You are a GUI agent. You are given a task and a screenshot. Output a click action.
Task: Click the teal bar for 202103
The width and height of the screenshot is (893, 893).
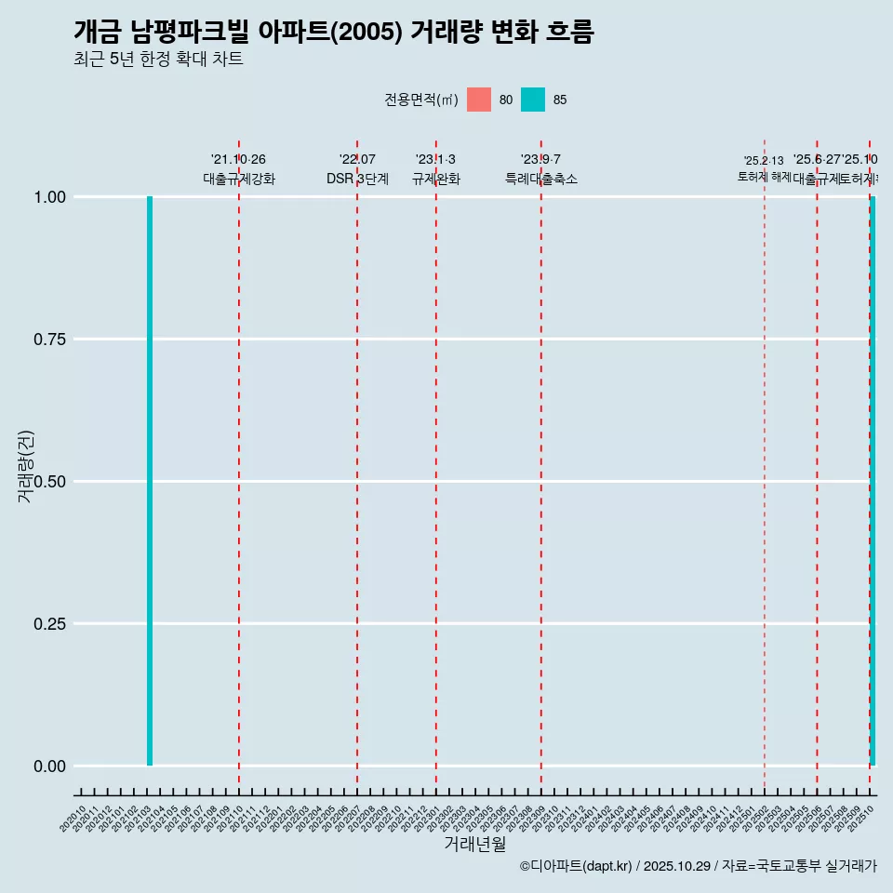149,481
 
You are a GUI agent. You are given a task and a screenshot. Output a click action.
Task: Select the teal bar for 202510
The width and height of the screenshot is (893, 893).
872,481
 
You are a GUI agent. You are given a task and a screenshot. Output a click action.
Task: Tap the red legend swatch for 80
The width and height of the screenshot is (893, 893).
479,100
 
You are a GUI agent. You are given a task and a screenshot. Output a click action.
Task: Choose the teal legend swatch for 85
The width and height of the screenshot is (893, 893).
533,100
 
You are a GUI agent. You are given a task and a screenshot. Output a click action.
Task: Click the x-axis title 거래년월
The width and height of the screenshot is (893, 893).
474,844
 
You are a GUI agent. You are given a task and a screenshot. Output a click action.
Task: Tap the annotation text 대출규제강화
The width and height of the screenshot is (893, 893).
238,179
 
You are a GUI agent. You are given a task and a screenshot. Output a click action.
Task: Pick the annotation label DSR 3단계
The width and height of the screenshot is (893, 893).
357,179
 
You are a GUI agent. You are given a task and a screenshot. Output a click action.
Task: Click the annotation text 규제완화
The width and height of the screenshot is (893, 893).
435,179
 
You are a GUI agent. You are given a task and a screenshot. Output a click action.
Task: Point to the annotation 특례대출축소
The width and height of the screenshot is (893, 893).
540,179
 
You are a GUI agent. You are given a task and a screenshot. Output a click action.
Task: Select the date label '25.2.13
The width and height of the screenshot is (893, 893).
764,161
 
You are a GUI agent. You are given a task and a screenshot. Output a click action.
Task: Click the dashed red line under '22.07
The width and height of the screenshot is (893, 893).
357,465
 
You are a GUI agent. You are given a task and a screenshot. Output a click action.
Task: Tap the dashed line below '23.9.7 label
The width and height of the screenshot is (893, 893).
540,465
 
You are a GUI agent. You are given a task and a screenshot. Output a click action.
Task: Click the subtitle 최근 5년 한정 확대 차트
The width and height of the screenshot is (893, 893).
158,59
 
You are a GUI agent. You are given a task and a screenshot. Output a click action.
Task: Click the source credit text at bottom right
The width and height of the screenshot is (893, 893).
698,866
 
